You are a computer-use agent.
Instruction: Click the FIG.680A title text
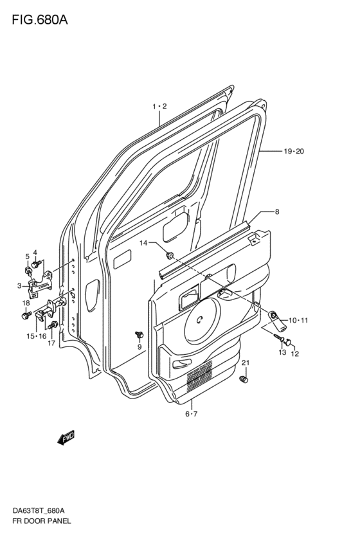click(40, 20)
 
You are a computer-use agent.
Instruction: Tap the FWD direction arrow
click(66, 438)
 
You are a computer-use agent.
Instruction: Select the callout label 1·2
click(160, 106)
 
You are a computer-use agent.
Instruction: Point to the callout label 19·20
click(294, 152)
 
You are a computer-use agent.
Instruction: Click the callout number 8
click(277, 211)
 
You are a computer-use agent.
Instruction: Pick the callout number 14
click(144, 243)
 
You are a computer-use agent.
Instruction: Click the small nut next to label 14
click(170, 256)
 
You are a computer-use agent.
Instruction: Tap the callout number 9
click(139, 346)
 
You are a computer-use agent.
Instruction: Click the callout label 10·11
click(298, 320)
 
